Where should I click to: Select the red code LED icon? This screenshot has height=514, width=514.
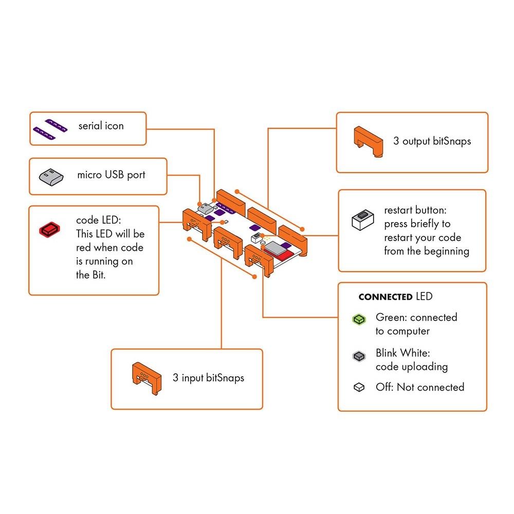click(50, 229)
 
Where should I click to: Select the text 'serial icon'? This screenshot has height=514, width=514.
click(101, 126)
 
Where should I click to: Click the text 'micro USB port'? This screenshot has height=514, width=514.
click(111, 175)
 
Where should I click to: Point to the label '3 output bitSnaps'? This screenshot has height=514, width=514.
click(432, 141)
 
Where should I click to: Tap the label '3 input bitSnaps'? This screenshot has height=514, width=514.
click(208, 378)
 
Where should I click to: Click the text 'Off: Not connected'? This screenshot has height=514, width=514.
click(420, 387)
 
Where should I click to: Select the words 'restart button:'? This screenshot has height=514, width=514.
click(417, 211)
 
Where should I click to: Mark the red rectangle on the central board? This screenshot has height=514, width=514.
click(287, 252)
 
